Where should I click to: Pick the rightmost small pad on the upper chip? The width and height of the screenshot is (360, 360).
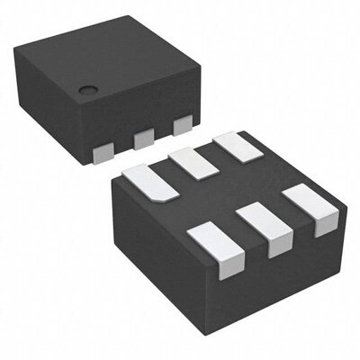pos(182,126)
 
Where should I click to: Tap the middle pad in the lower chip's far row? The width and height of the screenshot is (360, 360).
pos(192,163)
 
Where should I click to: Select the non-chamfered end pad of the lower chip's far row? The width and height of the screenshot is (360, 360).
pos(231,146)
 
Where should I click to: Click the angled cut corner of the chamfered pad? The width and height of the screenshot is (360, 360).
pos(162,196)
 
